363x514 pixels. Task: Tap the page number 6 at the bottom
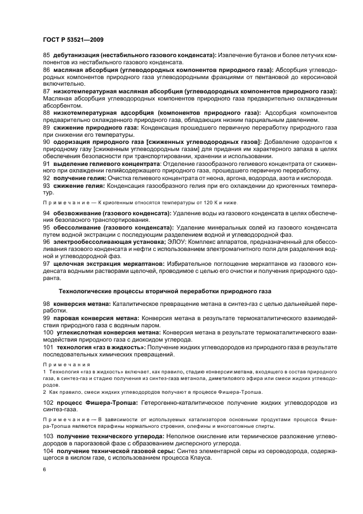pos(44,470)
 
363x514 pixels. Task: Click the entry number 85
pos(46,55)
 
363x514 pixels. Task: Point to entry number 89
pos(46,127)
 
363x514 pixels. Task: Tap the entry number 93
pos(46,186)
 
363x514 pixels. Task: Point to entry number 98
pos(46,304)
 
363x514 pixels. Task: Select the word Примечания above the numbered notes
pos(62,364)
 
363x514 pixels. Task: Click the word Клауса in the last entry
pos(200,457)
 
